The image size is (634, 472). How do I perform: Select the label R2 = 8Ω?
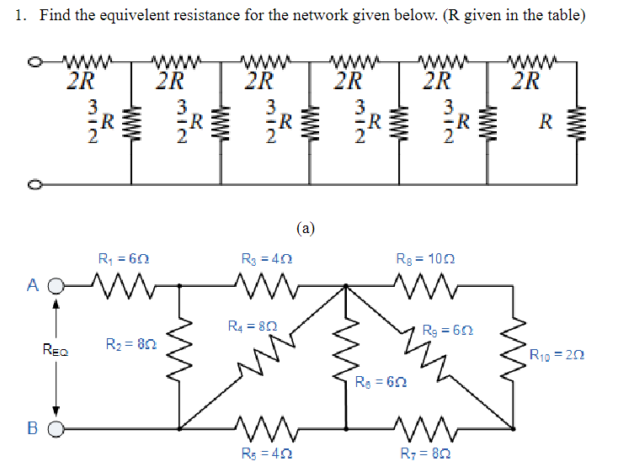pyautogui.click(x=131, y=343)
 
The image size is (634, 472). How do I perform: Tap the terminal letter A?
pyautogui.click(x=32, y=285)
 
